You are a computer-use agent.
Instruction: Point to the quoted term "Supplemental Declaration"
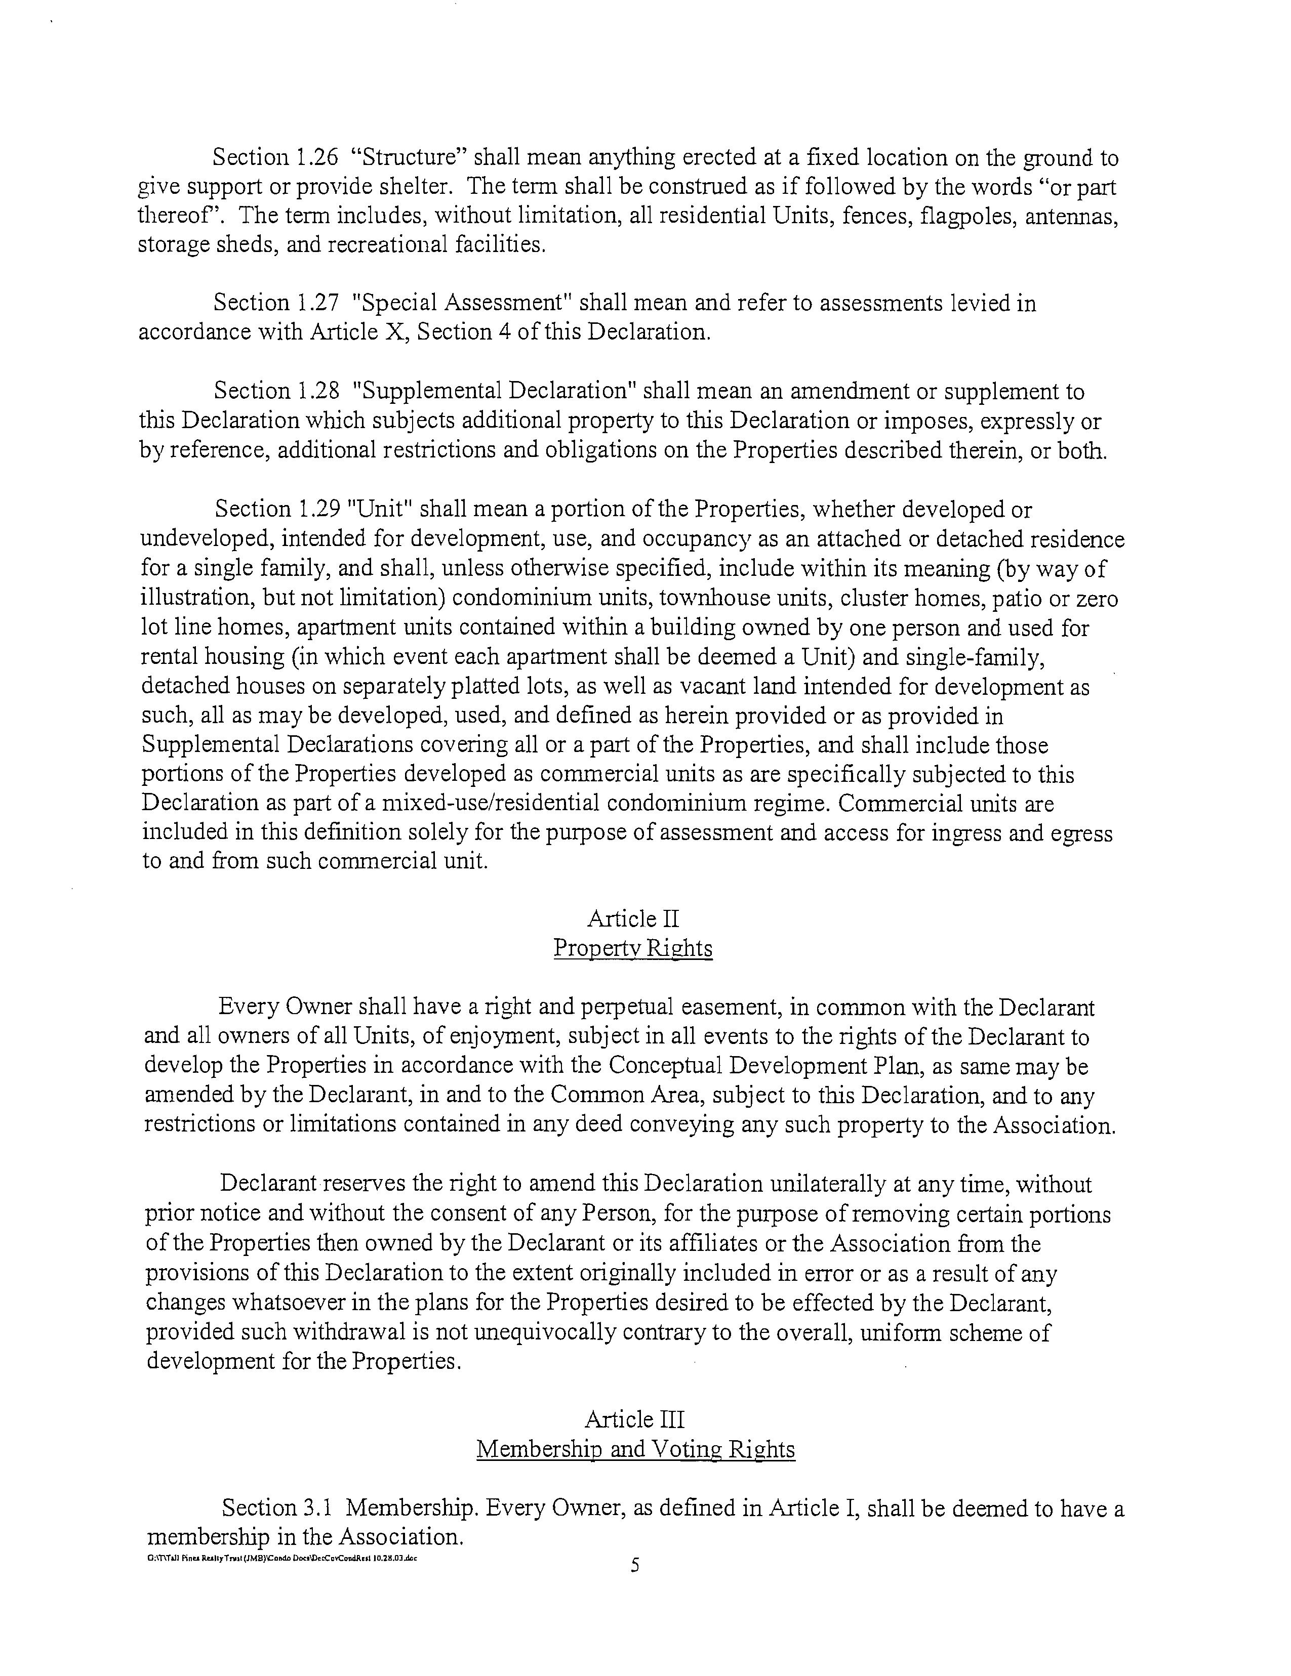click(x=497, y=391)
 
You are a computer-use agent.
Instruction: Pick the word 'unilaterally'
click(x=827, y=1185)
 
